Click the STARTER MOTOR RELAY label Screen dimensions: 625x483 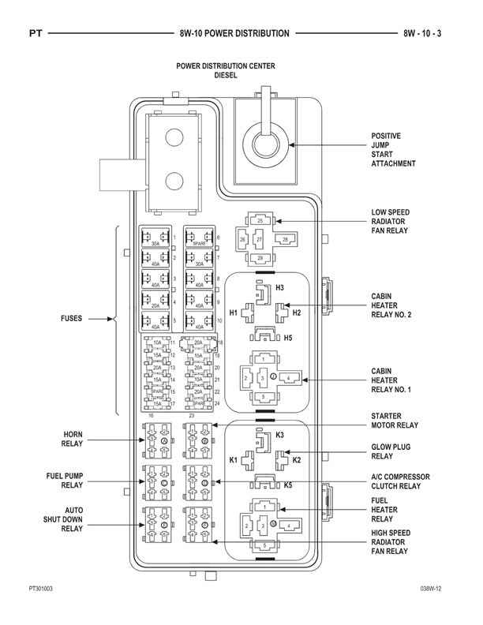tap(395, 420)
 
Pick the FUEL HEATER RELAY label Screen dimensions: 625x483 tap(384, 510)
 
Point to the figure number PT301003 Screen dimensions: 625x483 tap(41, 589)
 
